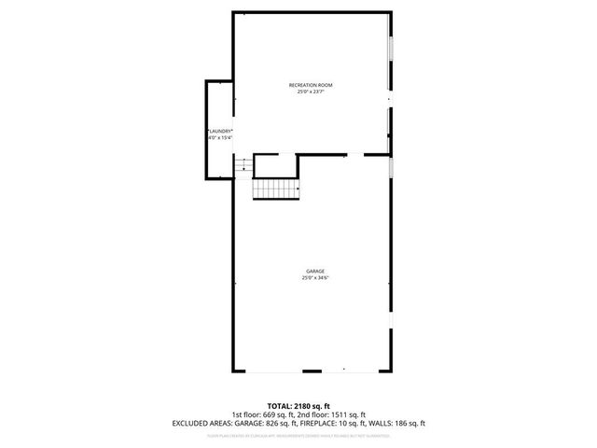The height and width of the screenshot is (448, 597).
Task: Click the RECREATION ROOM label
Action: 311,85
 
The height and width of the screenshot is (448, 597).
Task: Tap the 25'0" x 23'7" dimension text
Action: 311,91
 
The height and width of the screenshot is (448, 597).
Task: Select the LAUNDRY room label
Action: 219,131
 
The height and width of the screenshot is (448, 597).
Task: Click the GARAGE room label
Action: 314,271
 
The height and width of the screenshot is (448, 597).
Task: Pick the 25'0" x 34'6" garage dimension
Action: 314,277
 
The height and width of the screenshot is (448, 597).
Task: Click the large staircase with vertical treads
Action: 275,189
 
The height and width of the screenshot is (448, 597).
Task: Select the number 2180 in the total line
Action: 302,406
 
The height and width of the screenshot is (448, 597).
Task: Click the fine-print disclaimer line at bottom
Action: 298,435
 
